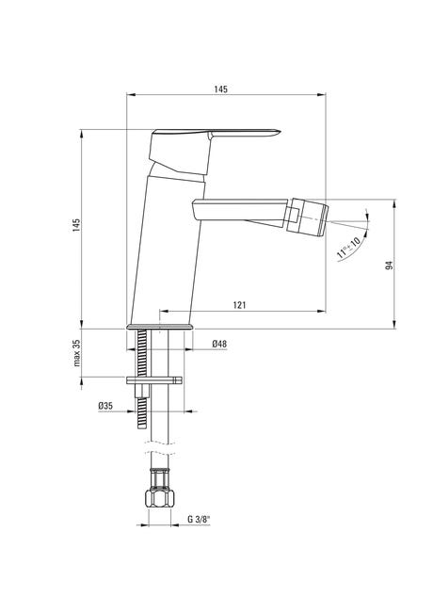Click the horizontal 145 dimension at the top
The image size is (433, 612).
tap(220, 89)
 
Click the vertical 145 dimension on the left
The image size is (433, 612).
tap(76, 225)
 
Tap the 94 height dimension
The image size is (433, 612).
tap(389, 265)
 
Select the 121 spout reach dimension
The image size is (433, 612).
tap(239, 305)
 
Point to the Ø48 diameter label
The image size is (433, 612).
tap(219, 344)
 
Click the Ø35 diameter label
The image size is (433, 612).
tap(105, 406)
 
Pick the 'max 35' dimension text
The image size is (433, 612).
tap(77, 353)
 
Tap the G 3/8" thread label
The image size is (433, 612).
tap(199, 519)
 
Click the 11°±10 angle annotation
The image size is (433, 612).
tap(348, 248)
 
